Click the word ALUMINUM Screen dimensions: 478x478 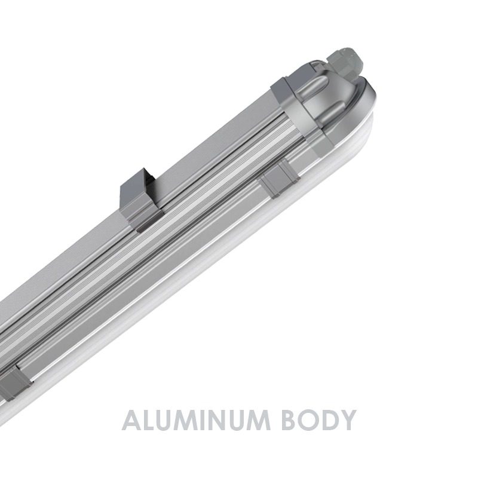(x=196, y=421)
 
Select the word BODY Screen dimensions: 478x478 (x=318, y=421)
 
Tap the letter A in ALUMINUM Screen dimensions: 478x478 (x=131, y=421)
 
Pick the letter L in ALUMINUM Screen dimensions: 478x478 (x=149, y=421)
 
